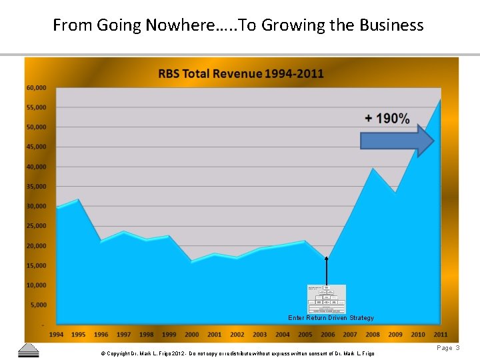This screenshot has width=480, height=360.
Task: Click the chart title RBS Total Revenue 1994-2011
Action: [x=241, y=73]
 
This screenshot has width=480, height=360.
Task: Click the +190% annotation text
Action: [x=387, y=119]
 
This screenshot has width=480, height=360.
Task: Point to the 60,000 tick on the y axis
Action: [x=36, y=88]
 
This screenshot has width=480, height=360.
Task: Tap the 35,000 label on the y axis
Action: [x=36, y=187]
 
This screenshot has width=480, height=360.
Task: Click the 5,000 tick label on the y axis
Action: [x=38, y=305]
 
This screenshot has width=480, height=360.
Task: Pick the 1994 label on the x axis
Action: [x=57, y=335]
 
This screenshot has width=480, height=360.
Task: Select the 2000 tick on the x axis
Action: [x=192, y=335]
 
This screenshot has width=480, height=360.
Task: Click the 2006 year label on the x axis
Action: [x=327, y=335]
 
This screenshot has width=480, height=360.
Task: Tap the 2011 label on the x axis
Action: [x=441, y=335]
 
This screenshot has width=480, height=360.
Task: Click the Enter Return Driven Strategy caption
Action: [x=331, y=318]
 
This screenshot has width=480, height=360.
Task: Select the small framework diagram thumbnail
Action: [x=327, y=299]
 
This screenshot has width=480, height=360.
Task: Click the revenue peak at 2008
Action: [x=373, y=169]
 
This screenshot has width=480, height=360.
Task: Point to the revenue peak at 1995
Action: [x=79, y=199]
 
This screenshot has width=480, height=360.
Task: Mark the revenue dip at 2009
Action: [x=395, y=193]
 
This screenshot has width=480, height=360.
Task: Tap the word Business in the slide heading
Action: [x=391, y=25]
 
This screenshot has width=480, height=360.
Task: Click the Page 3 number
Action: [x=448, y=348]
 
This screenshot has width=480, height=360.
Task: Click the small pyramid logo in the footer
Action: [x=28, y=351]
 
